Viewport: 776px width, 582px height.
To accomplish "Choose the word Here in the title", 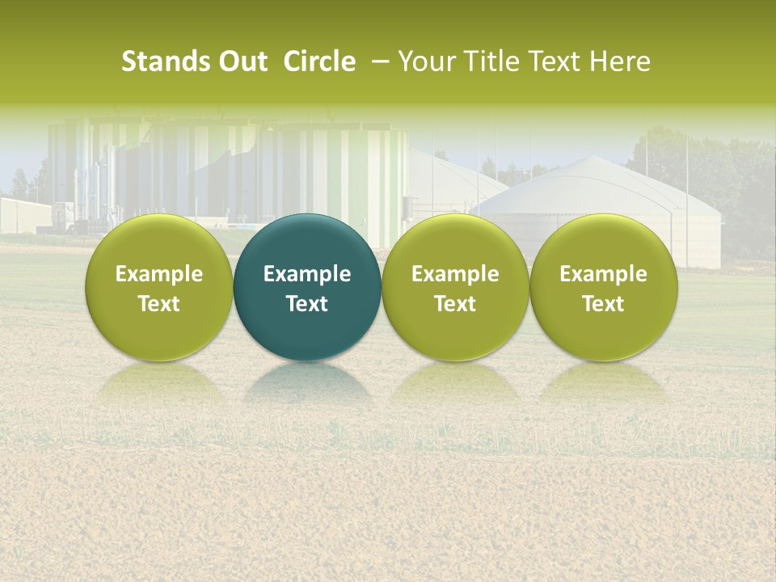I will pyautogui.click(x=620, y=61).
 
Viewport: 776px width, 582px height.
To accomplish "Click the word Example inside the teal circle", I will pyautogui.click(x=307, y=275).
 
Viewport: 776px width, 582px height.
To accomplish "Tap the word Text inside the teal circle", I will pyautogui.click(x=307, y=304).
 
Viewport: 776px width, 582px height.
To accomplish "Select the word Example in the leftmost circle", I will pyautogui.click(x=159, y=275).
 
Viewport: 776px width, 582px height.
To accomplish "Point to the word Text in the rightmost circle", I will pyautogui.click(x=603, y=304).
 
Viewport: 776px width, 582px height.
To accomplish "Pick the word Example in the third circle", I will pyautogui.click(x=455, y=275).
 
